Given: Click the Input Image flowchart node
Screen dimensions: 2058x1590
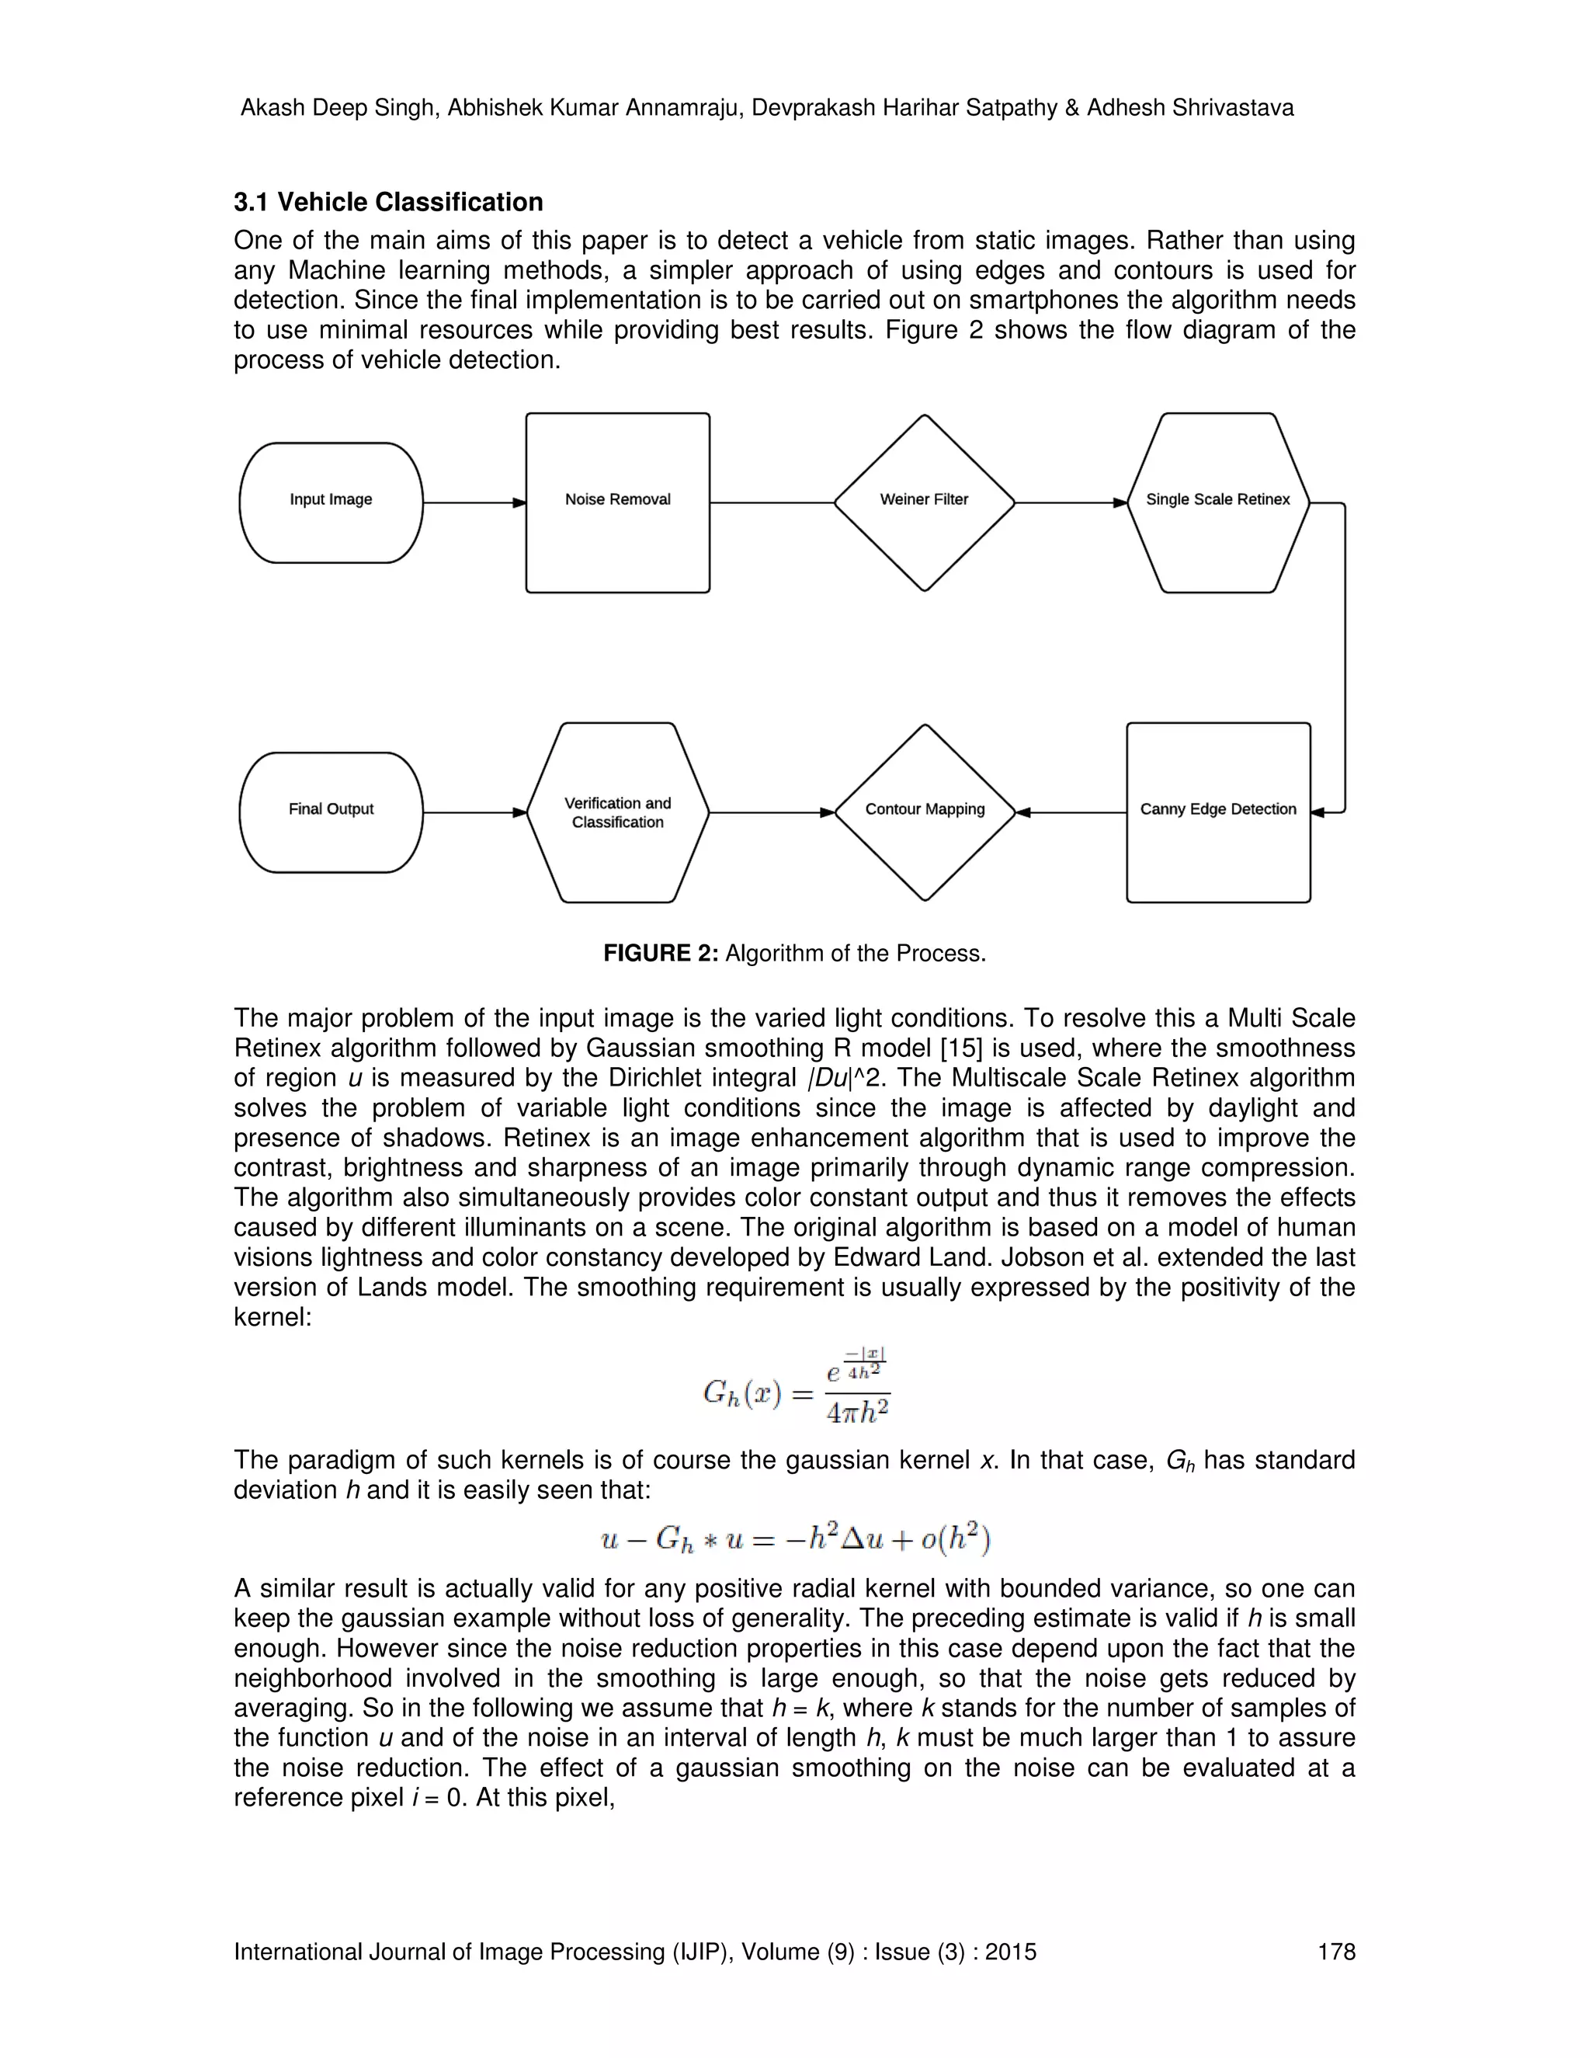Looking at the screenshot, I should (331, 502).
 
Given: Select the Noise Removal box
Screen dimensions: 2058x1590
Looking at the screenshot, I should (617, 502).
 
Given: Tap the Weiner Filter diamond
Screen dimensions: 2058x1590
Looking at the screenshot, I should (924, 502).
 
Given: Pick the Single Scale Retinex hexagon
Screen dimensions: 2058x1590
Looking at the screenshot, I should (1217, 502).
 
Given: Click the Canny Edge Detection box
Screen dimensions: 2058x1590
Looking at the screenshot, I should (1217, 812).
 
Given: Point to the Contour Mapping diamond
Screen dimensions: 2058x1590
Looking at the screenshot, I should (924, 812).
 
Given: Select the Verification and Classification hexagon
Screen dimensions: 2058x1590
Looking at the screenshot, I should (617, 812).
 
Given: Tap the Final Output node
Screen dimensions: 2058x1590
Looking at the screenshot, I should (331, 812).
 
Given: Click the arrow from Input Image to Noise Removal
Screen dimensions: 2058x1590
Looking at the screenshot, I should (474, 503).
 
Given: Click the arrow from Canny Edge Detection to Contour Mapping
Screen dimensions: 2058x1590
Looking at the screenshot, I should (1071, 812).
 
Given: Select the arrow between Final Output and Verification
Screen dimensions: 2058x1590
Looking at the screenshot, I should (474, 812).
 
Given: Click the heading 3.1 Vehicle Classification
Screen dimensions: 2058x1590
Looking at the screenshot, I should (388, 203).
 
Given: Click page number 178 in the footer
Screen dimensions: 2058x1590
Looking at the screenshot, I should (1335, 1952).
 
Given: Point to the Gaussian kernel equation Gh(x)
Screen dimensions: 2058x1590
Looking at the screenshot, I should (796, 1388).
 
